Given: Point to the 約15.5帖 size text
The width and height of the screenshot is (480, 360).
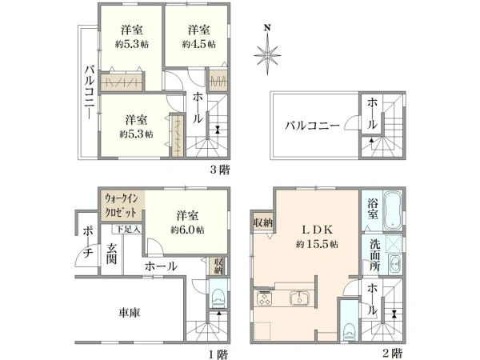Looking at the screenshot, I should (x=313, y=241).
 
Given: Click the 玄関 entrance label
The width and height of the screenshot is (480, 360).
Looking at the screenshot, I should (x=111, y=253).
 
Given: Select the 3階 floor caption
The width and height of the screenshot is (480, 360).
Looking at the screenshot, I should (x=220, y=169).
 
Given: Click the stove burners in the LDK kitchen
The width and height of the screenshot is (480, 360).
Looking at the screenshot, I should (x=266, y=300).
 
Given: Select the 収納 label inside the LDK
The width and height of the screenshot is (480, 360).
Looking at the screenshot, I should (x=261, y=222).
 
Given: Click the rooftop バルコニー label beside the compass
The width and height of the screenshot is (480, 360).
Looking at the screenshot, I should (x=314, y=126).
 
